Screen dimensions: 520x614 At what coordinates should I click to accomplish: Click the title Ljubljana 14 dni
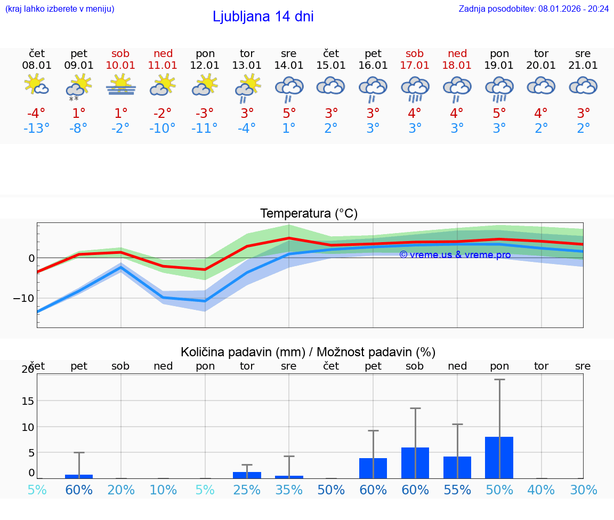[263, 17]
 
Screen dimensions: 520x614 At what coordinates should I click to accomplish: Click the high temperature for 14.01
[289, 114]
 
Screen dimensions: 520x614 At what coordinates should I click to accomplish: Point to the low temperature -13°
[37, 129]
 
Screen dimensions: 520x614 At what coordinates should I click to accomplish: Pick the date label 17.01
[415, 66]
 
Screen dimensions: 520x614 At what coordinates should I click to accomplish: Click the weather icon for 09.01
[79, 87]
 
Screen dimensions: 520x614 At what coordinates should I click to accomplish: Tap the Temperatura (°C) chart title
[309, 213]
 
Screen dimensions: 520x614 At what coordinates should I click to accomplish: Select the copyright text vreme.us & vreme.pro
[455, 255]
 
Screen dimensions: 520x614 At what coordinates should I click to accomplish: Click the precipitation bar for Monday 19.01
[499, 458]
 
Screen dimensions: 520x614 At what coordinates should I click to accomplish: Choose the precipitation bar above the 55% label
[457, 467]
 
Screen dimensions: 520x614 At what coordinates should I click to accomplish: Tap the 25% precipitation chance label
[247, 490]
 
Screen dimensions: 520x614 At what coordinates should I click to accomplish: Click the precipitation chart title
[308, 352]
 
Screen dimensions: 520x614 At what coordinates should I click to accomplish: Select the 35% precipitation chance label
[289, 490]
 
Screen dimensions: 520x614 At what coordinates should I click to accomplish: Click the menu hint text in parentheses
[60, 9]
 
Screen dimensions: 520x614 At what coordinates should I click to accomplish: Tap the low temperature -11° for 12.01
[205, 129]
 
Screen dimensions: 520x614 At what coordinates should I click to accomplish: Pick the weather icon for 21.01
[583, 86]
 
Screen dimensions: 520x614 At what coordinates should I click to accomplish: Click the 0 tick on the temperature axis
[31, 258]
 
